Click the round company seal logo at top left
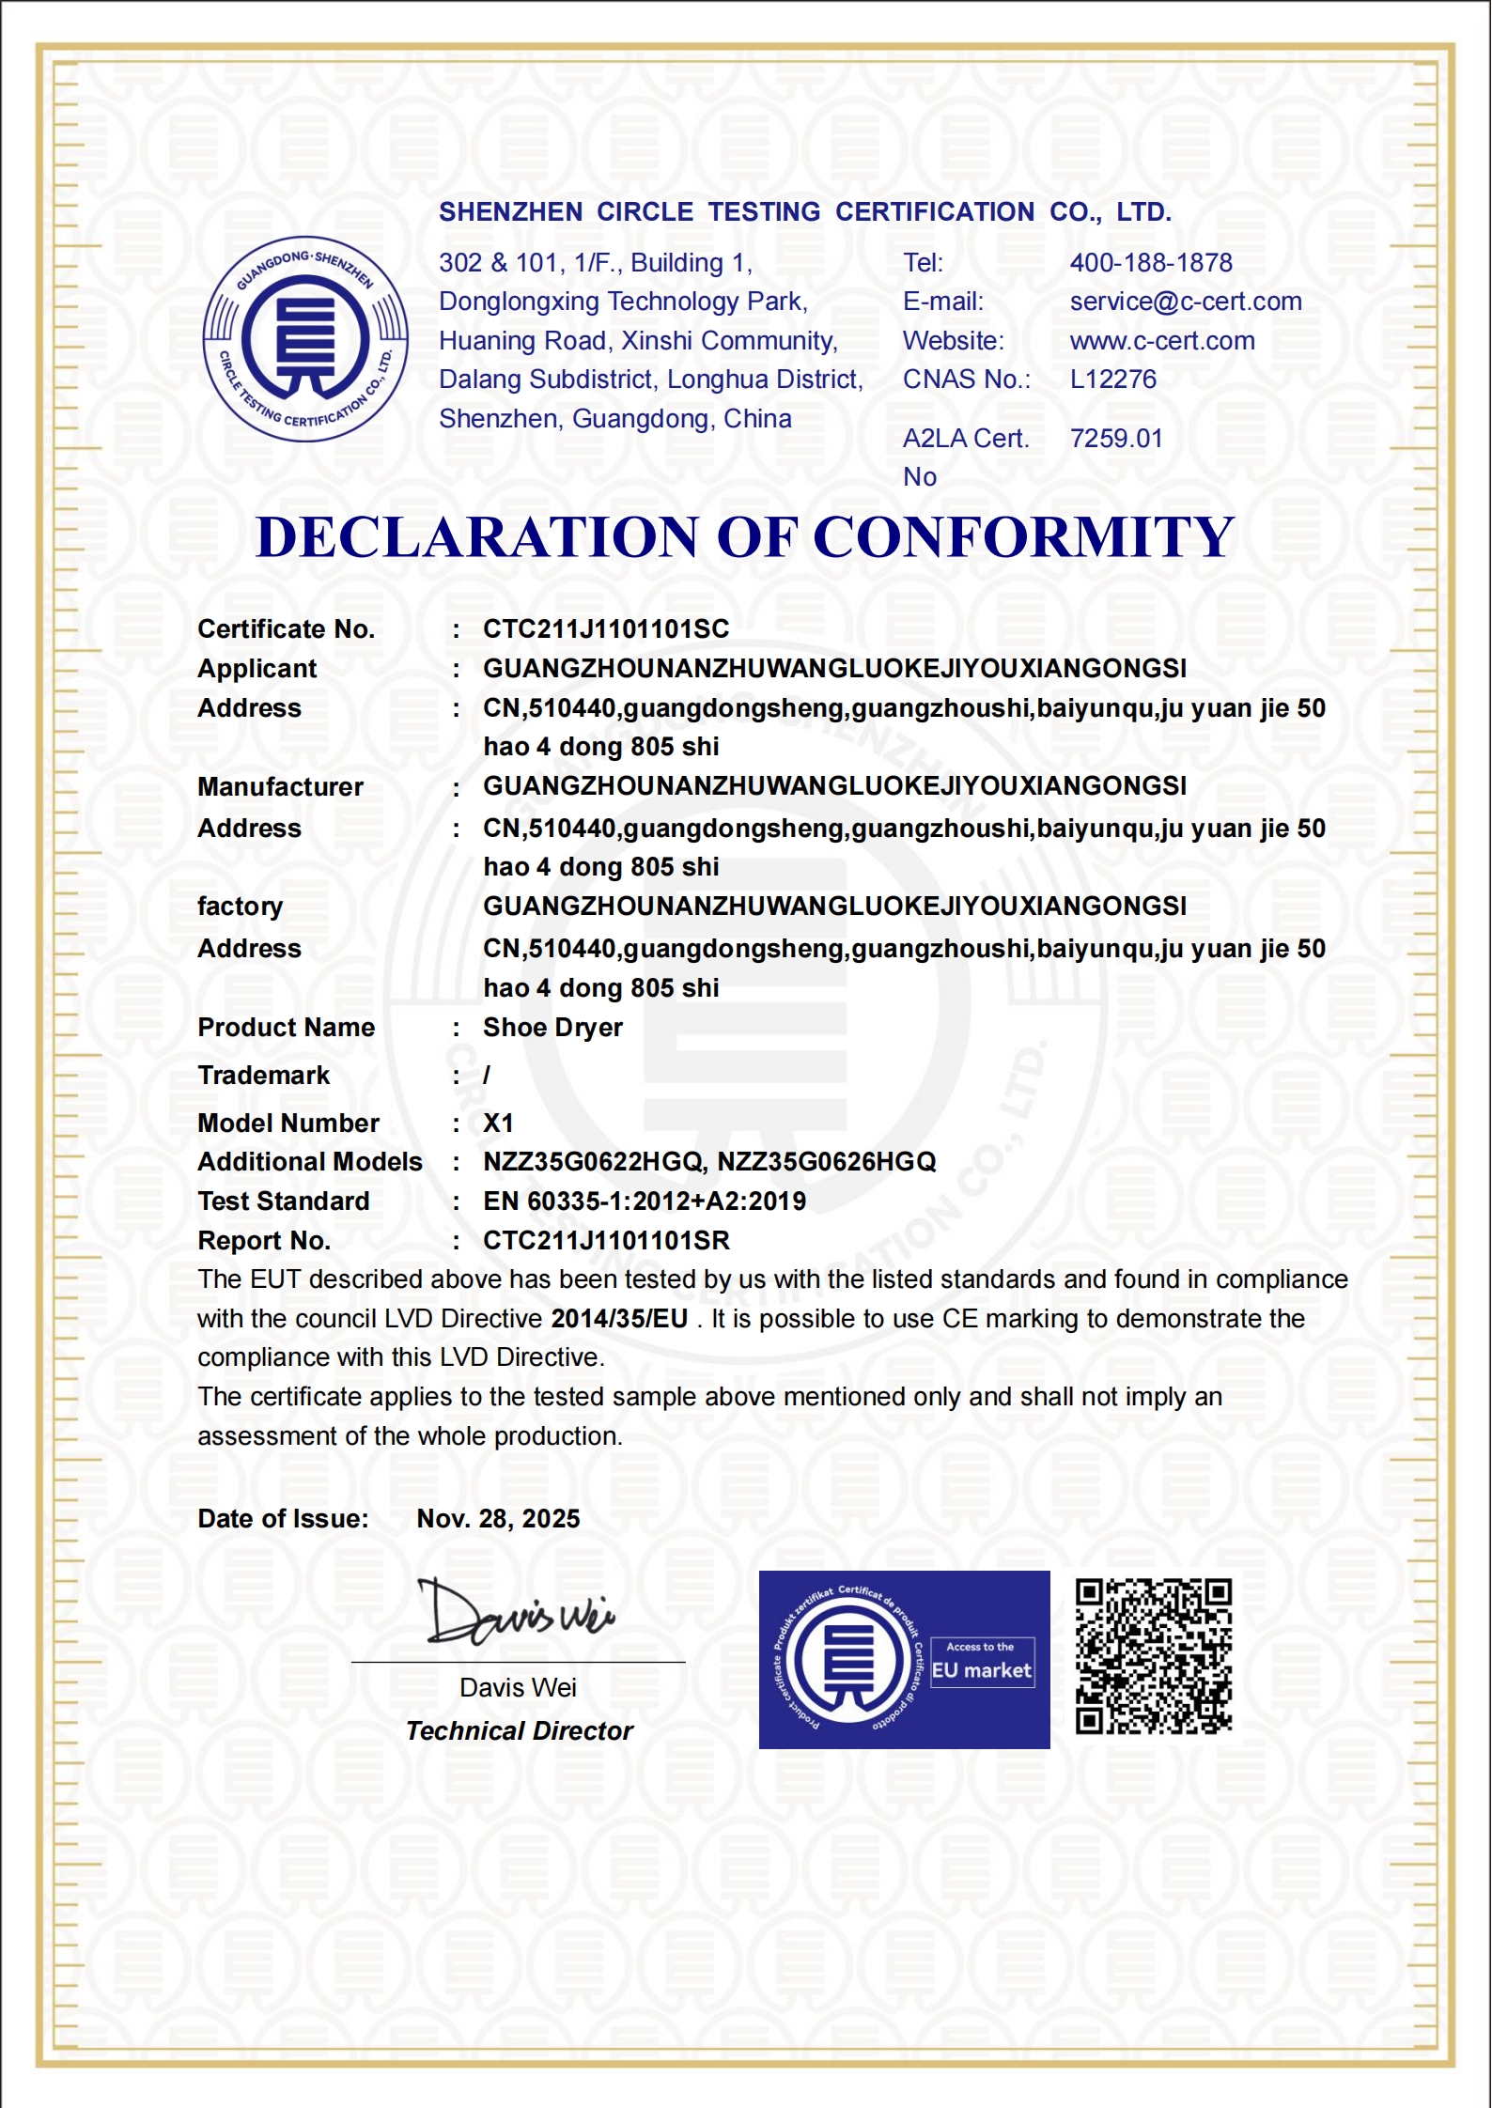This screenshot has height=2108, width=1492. [x=305, y=338]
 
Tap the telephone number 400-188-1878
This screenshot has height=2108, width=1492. [x=1151, y=263]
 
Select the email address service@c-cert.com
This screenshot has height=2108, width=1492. [x=1186, y=302]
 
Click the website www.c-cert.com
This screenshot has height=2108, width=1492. [x=1162, y=341]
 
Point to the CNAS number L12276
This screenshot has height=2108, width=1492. [x=1113, y=380]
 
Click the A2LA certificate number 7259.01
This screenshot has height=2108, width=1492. [x=1116, y=439]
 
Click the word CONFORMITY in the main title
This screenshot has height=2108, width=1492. [x=1023, y=537]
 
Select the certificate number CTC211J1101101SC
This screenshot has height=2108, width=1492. [x=606, y=629]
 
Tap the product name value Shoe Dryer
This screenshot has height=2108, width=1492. [x=552, y=1028]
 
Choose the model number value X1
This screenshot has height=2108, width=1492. [x=498, y=1124]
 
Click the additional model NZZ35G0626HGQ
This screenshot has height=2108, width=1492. [x=827, y=1162]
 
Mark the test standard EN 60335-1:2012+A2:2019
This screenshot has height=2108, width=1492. [x=645, y=1201]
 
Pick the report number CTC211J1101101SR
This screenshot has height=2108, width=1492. [x=606, y=1241]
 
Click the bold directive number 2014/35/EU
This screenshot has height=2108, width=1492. [x=619, y=1319]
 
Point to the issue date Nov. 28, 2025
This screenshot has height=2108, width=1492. [x=498, y=1519]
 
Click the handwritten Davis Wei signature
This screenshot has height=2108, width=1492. [x=517, y=1613]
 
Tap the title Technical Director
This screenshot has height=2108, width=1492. [x=520, y=1731]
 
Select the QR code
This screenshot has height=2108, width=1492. [x=1154, y=1656]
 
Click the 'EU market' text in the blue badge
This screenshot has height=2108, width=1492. [x=982, y=1671]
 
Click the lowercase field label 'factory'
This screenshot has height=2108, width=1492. [x=240, y=907]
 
